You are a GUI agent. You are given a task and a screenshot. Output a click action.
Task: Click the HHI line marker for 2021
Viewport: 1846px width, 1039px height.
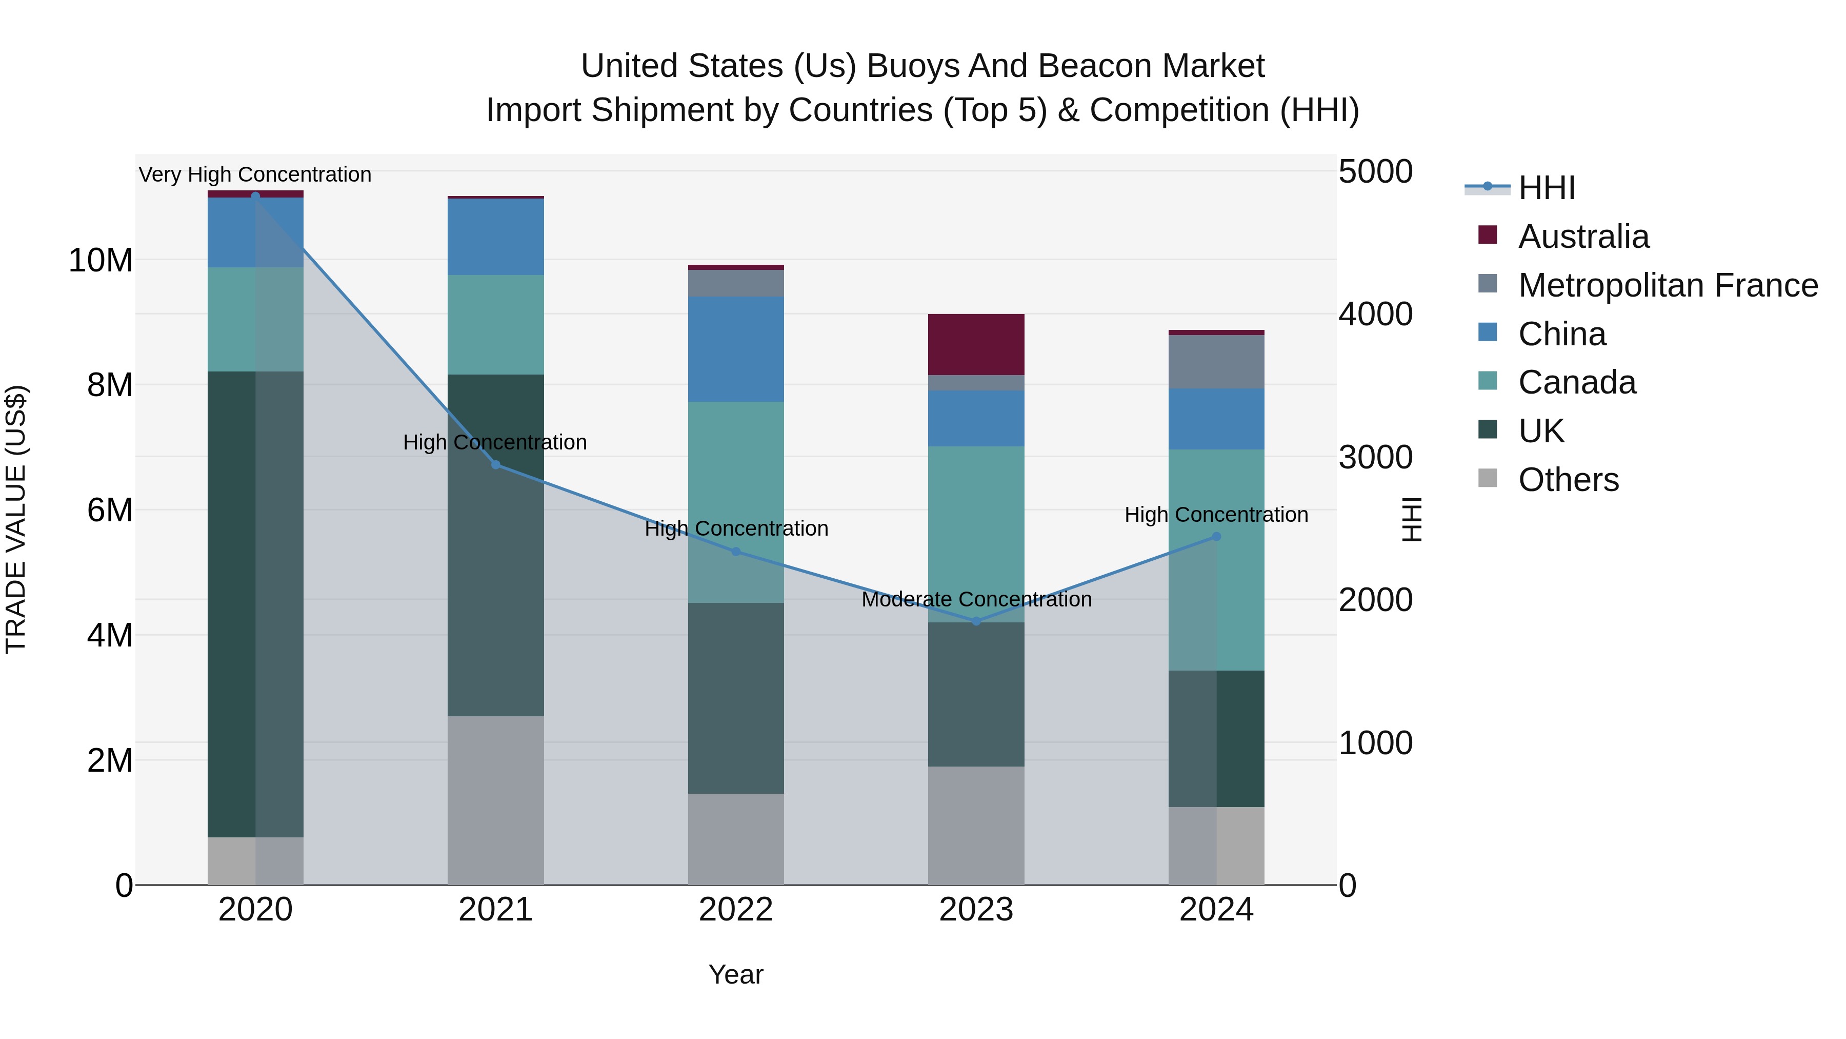click(495, 465)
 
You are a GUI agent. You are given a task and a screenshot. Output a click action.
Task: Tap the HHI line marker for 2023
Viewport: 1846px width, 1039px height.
click(976, 621)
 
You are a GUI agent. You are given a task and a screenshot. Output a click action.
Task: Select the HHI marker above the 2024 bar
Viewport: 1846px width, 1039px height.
click(1216, 536)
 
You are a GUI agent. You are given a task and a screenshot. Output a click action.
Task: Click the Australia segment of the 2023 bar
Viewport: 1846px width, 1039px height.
click(976, 344)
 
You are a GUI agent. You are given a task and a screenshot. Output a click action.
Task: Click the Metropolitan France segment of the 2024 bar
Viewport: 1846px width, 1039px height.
click(1216, 361)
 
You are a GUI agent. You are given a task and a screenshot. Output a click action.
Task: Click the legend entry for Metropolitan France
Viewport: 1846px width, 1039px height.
click(1668, 285)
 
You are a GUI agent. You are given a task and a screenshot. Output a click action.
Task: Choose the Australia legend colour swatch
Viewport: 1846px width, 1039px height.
click(1488, 235)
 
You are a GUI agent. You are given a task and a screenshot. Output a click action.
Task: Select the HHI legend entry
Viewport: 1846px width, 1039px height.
click(1546, 188)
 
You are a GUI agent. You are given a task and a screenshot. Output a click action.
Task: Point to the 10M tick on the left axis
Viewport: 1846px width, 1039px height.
click(101, 260)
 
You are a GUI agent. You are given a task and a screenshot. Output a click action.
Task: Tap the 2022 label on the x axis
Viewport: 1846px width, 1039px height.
click(736, 910)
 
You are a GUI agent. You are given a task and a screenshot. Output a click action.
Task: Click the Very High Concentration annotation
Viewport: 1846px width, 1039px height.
click(255, 174)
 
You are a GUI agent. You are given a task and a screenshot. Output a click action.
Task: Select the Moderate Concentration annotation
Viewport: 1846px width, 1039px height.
click(976, 599)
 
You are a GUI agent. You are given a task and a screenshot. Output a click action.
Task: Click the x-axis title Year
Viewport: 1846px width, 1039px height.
click(736, 974)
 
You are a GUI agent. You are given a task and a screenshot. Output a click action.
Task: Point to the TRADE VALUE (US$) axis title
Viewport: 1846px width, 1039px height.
click(16, 519)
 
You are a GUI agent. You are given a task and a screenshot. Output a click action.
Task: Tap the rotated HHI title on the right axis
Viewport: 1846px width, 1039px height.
click(1411, 519)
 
